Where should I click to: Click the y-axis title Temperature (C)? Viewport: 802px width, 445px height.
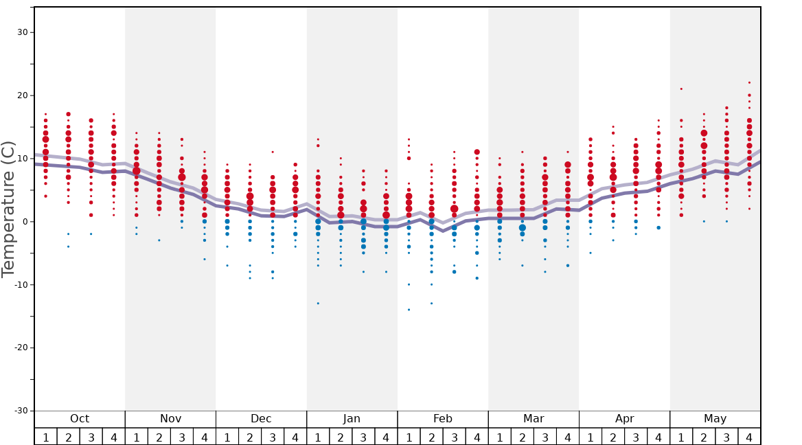(8, 209)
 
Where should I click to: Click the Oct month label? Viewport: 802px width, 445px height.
(80, 419)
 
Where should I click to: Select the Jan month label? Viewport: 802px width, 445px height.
(352, 419)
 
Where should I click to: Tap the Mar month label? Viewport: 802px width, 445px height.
(534, 419)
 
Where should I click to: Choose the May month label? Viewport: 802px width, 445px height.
(715, 419)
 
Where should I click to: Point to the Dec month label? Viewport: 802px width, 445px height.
(261, 419)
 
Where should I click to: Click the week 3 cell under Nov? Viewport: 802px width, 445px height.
(182, 437)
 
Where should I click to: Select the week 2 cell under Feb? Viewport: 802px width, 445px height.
(431, 437)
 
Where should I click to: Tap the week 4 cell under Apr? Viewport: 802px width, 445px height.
(658, 437)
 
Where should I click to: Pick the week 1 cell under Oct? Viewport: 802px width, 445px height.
(46, 437)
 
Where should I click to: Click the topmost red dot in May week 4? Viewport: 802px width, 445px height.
(749, 82)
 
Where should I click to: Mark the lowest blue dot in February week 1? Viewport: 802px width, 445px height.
(409, 310)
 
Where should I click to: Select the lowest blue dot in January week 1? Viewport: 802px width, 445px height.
(318, 304)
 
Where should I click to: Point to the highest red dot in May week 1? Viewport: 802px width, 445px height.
(681, 89)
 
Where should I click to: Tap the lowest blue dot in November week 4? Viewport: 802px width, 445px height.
(204, 259)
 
